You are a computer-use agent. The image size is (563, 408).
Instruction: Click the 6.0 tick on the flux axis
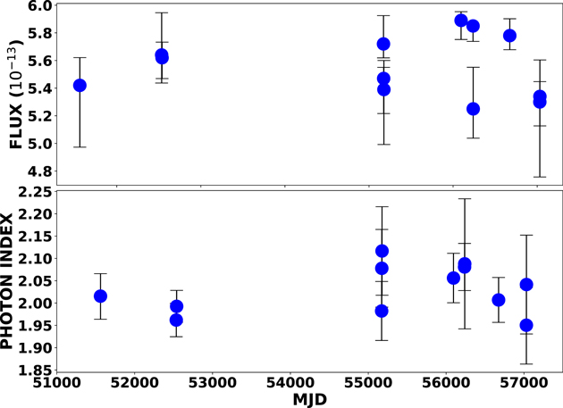[40, 6]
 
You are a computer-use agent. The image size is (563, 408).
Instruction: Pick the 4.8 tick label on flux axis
[40, 171]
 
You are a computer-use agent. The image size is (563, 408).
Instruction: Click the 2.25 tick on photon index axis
[35, 192]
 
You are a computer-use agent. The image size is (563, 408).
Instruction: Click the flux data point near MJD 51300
[80, 85]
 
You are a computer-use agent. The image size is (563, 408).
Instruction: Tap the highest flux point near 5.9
[461, 21]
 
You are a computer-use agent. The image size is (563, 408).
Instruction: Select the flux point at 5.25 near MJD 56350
[473, 109]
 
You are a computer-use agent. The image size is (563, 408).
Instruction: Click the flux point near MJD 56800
[509, 36]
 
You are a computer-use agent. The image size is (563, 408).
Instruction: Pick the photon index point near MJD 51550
[100, 296]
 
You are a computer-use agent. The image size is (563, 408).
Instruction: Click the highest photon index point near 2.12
[382, 251]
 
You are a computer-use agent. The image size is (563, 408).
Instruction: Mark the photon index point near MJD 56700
[499, 300]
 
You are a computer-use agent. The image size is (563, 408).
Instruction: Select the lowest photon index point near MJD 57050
[526, 325]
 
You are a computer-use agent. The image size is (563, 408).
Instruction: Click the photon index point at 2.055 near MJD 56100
[453, 278]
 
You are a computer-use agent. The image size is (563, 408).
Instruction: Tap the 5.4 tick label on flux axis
[40, 88]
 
